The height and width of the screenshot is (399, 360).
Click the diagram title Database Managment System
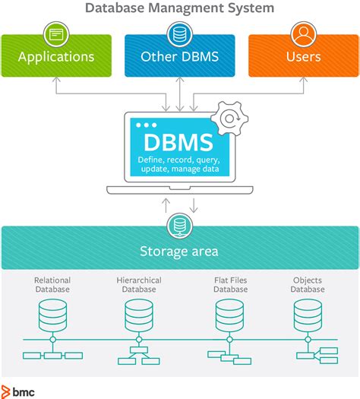180,8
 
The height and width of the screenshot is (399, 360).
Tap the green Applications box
56,56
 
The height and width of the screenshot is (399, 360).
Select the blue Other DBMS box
180,56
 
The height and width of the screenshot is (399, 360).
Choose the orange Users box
303,56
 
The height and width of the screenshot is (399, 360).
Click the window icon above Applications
56,33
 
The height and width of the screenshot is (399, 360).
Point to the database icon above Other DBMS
180,33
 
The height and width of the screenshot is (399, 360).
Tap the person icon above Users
303,33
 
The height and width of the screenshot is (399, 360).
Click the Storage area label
179,252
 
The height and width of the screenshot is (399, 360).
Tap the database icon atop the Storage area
180,226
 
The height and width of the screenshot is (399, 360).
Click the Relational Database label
52,285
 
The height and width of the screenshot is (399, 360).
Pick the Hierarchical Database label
139,285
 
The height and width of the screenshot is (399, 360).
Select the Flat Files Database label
230,285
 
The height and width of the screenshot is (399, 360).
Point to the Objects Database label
308,285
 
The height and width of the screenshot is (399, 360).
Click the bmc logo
19,391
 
